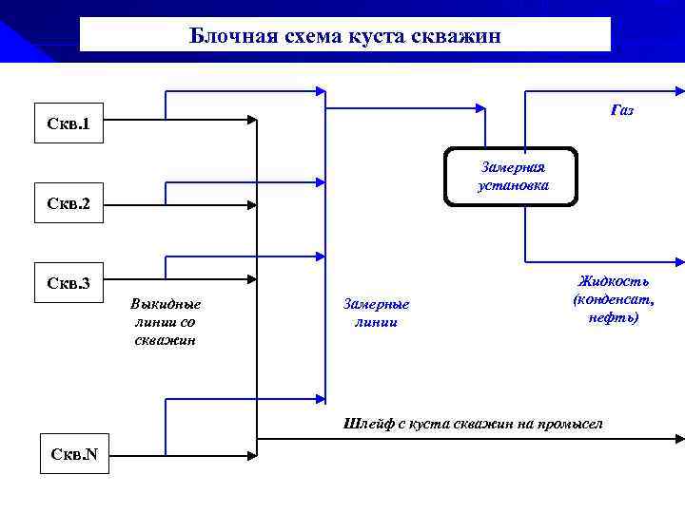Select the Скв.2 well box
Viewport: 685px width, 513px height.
tap(68, 203)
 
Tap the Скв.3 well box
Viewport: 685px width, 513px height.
tap(68, 283)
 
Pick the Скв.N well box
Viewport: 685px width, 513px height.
tap(74, 453)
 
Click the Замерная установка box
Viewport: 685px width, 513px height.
tap(511, 177)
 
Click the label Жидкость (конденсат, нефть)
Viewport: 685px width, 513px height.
tap(613, 299)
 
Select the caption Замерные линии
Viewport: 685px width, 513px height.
tap(375, 313)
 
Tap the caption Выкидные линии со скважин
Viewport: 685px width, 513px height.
tap(166, 321)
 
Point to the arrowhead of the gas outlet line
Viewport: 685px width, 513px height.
tap(678, 92)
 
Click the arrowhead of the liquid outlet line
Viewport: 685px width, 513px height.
tap(678, 261)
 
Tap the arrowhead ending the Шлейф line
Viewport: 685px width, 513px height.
tap(678, 439)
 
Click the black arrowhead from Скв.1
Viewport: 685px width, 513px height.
tap(252, 121)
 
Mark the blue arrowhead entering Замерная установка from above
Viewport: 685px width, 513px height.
tap(485, 143)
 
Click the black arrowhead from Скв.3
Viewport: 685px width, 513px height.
tap(252, 279)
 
